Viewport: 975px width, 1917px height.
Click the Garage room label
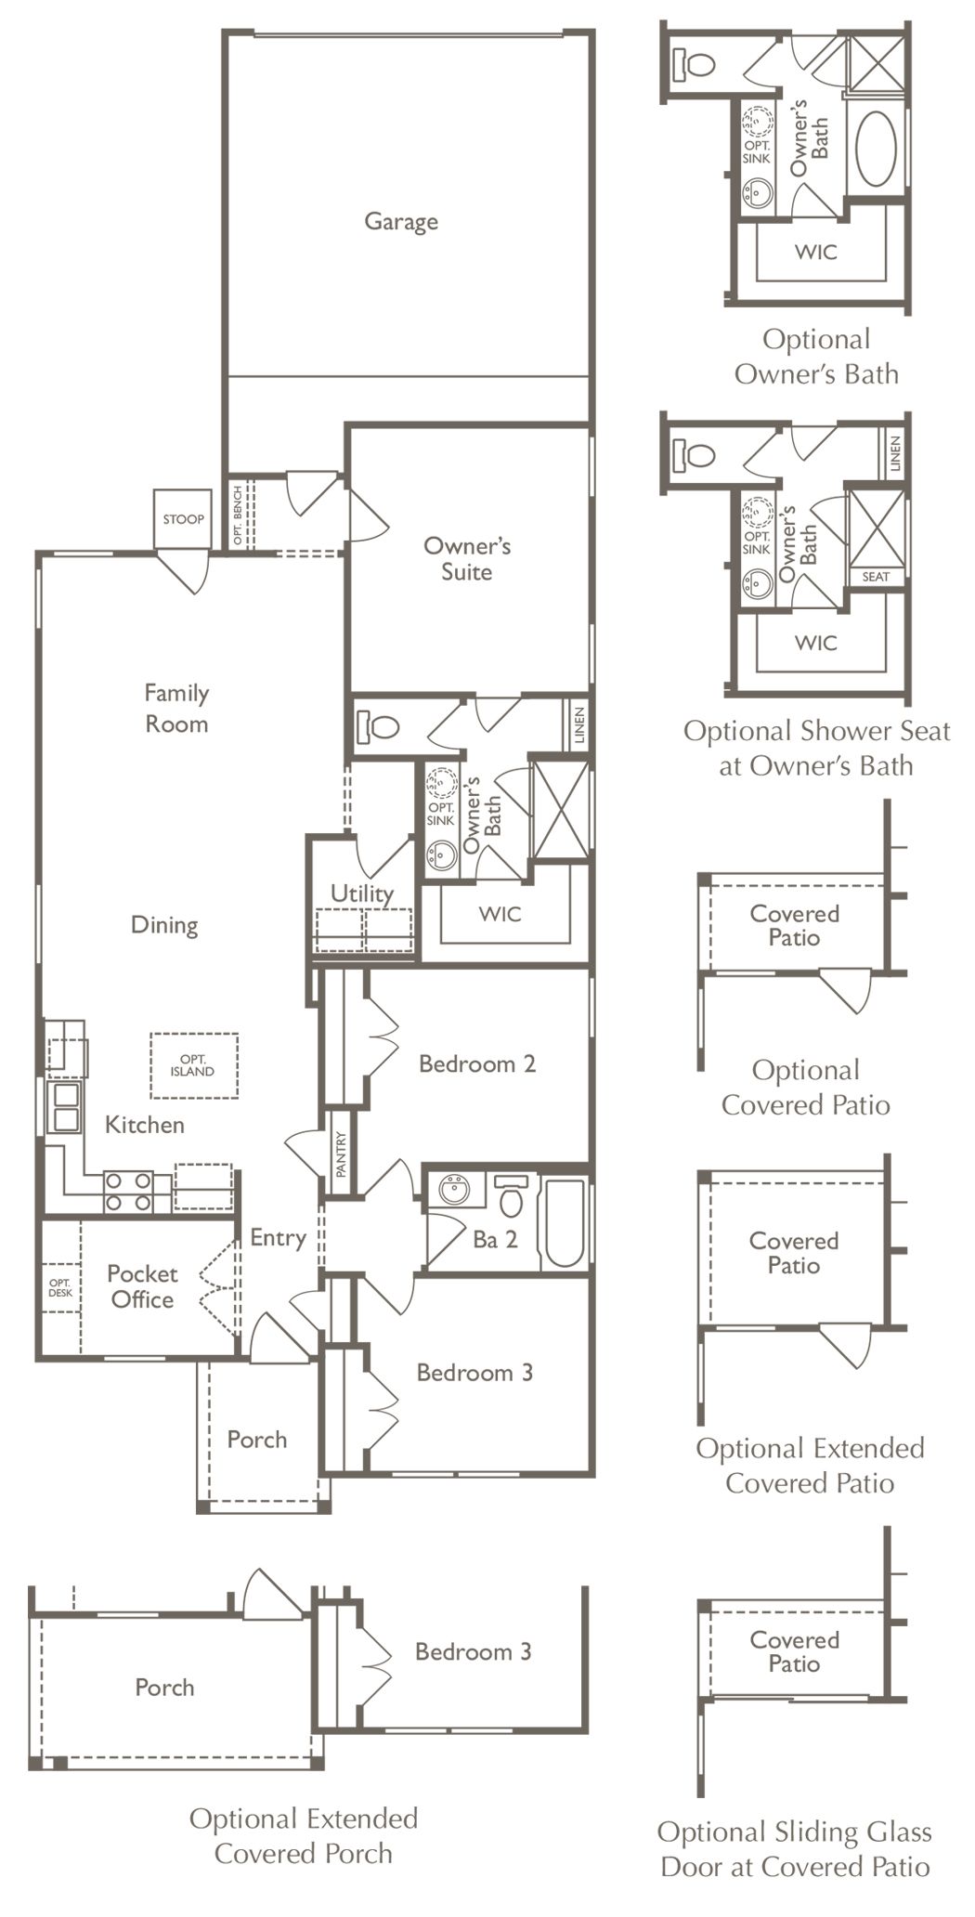(x=401, y=221)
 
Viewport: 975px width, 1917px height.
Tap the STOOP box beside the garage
(x=183, y=519)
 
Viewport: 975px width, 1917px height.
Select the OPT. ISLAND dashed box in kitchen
(x=193, y=1065)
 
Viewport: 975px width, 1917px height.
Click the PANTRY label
(x=341, y=1154)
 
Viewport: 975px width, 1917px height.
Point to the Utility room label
(x=362, y=893)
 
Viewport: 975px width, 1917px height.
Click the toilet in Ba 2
(x=511, y=1194)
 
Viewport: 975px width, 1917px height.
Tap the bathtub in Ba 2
(x=565, y=1221)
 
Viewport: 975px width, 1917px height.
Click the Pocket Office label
(x=141, y=1286)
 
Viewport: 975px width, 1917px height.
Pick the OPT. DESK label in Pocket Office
(x=60, y=1287)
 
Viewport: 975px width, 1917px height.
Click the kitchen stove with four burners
(x=128, y=1192)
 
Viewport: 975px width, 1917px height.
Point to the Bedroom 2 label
(x=477, y=1063)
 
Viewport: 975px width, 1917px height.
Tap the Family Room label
(x=176, y=708)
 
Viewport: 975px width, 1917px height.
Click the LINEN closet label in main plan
(x=578, y=725)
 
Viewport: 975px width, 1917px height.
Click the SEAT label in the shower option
(x=876, y=577)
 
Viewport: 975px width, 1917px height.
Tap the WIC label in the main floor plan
(x=500, y=914)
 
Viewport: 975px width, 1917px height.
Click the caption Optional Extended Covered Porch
(x=304, y=1835)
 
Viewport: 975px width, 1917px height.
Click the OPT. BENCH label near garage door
(x=238, y=515)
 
